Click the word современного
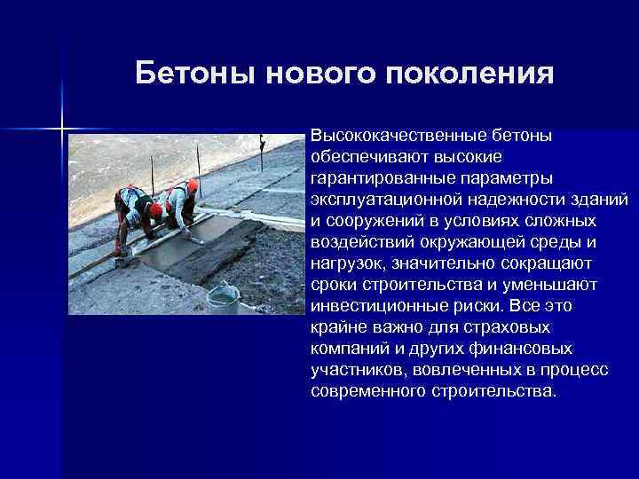coord(367,390)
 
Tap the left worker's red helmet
coord(156,209)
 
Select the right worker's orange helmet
coord(193,185)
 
